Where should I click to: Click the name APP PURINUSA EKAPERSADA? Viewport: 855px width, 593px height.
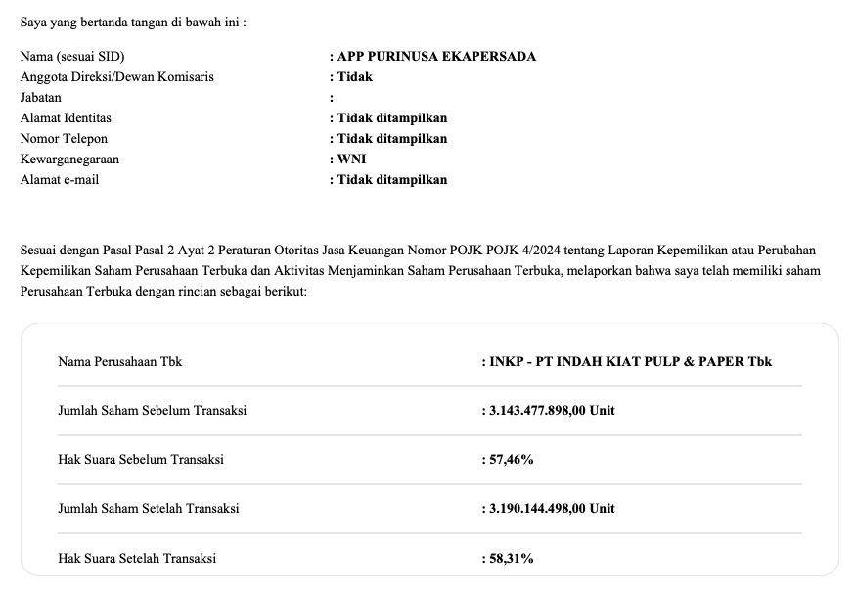coord(436,56)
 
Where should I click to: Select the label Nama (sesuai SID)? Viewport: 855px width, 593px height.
coord(72,56)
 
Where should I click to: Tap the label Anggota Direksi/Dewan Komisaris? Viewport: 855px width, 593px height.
coord(117,76)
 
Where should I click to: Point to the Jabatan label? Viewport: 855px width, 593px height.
coord(41,97)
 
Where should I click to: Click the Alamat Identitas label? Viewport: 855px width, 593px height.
coord(66,117)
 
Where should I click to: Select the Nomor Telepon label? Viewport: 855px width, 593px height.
coord(65,138)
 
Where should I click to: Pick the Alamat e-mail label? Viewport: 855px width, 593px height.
coord(60,179)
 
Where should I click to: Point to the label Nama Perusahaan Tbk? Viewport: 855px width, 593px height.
coord(120,361)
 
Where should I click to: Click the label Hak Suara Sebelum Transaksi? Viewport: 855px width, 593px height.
coord(141,459)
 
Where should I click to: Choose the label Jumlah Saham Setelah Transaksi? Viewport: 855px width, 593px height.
coord(149,508)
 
